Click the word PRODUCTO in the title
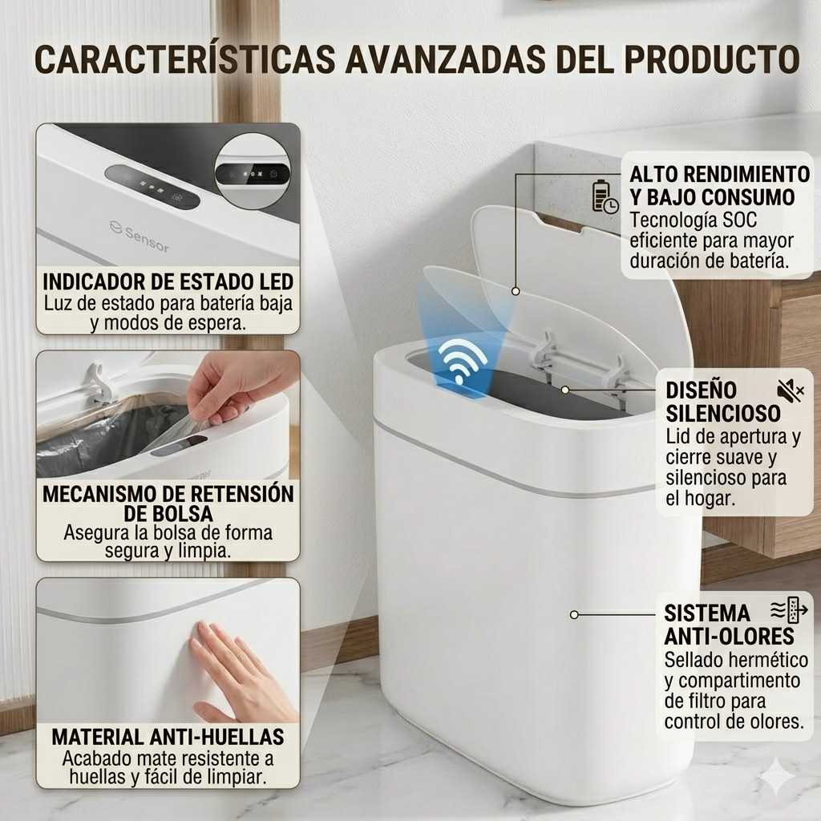(712, 59)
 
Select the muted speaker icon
(790, 390)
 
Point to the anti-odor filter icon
(789, 610)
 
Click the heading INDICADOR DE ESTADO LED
(168, 281)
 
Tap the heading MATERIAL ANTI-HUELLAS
(168, 737)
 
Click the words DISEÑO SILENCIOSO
(723, 402)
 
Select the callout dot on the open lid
(516, 291)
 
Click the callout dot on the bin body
(574, 615)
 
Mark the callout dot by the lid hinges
(565, 390)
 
